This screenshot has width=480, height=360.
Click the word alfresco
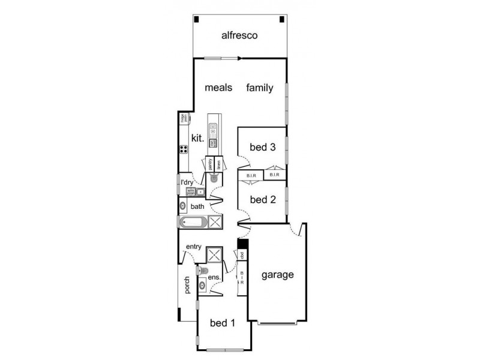tap(239, 35)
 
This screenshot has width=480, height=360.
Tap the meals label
tap(218, 88)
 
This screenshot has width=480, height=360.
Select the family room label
tap(260, 88)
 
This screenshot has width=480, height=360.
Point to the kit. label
tap(197, 138)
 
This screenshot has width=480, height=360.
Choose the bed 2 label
tap(262, 200)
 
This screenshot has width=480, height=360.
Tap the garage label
tap(278, 275)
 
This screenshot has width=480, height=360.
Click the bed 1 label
tap(221, 323)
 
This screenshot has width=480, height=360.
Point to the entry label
tap(193, 247)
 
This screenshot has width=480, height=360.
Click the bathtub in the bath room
tap(193, 223)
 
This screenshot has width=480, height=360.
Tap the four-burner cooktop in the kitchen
tap(183, 149)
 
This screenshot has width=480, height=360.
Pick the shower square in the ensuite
tap(214, 256)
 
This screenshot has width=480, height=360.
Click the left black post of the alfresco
tap(197, 20)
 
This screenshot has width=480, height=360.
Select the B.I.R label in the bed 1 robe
tap(242, 277)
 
